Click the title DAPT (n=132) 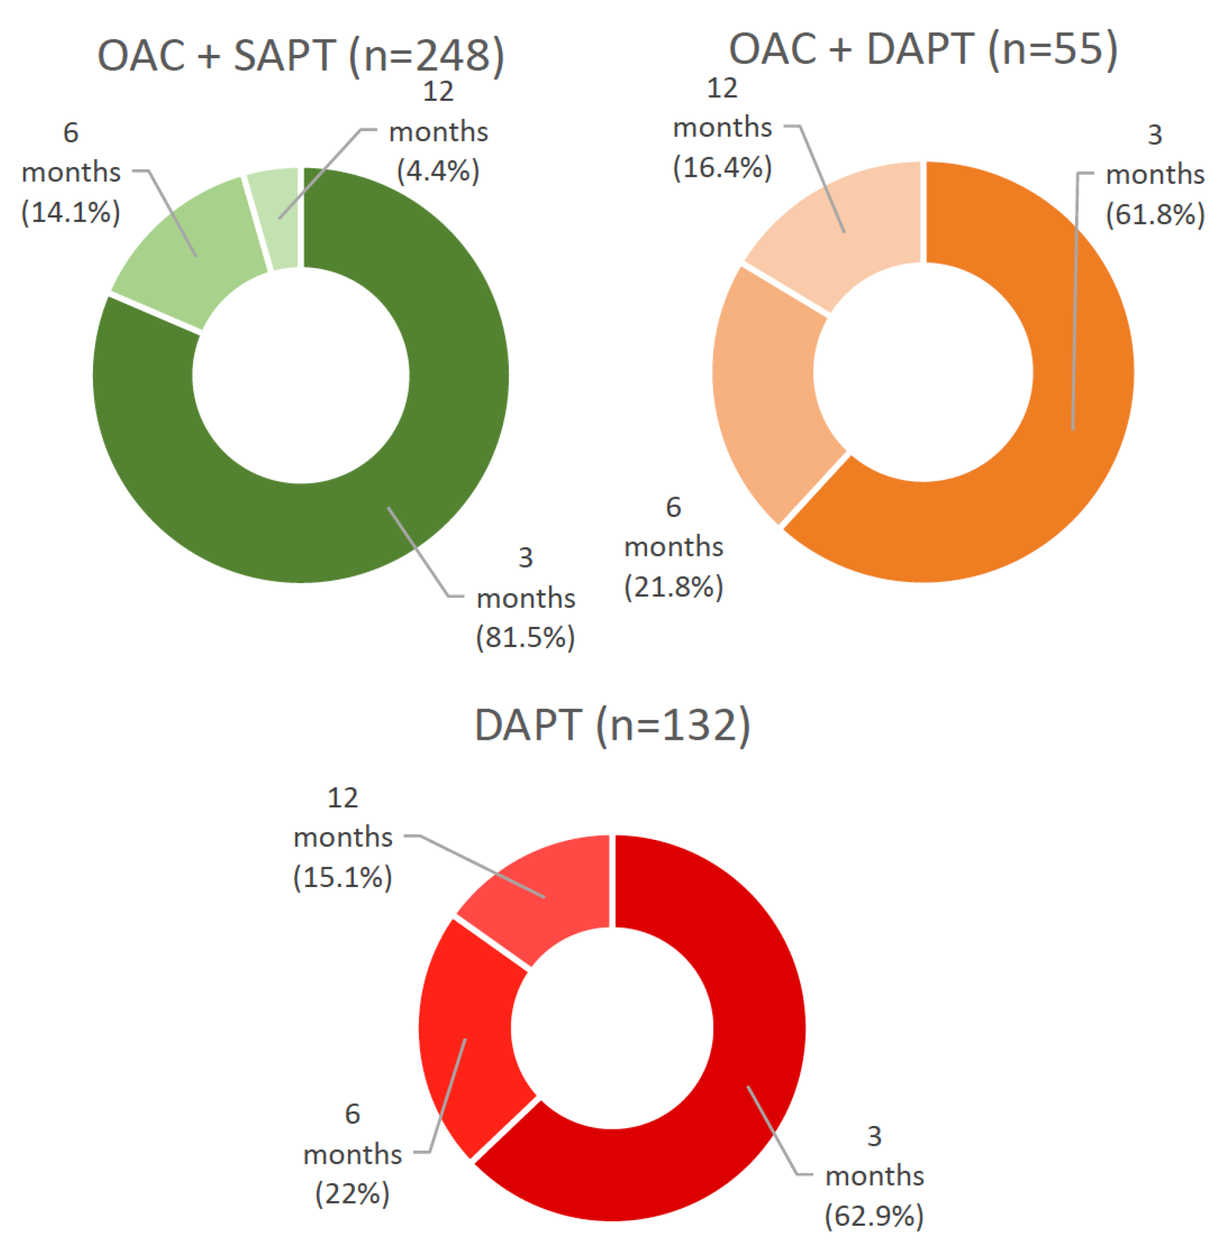(612, 725)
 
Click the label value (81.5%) (525, 637)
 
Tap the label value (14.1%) (71, 212)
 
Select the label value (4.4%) (439, 171)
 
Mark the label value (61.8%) (1154, 214)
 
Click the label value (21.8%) (674, 587)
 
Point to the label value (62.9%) (874, 1215)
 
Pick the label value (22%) (352, 1193)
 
